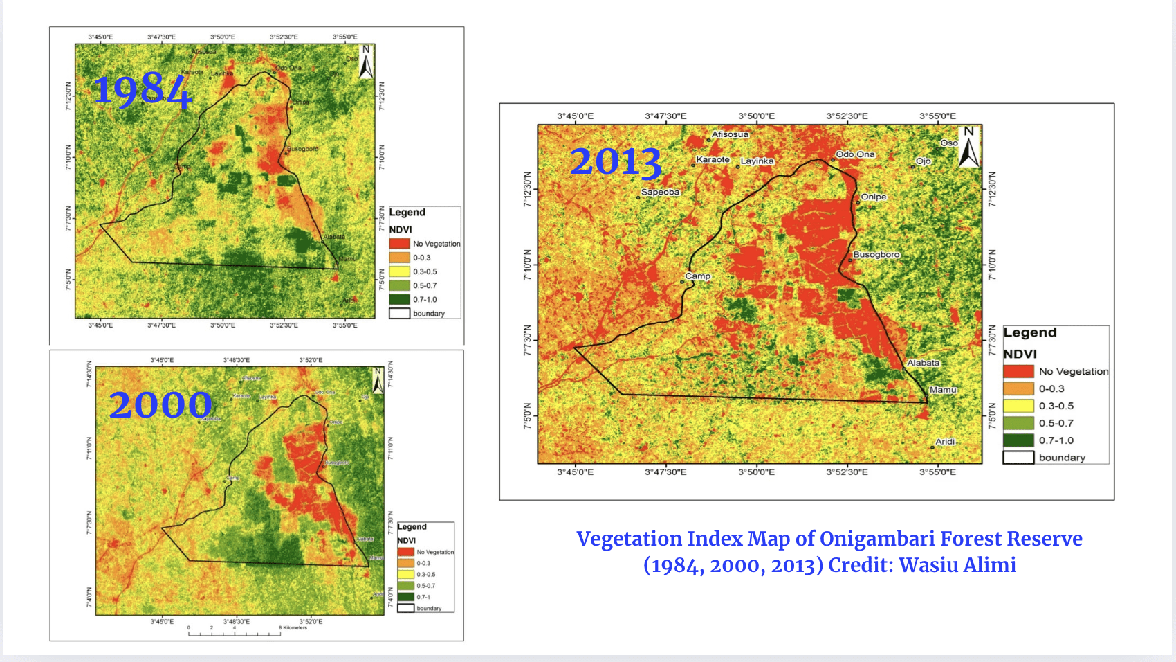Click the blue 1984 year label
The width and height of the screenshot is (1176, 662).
point(142,91)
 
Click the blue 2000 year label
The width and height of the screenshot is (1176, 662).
point(160,405)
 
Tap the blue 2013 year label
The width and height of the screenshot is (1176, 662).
point(615,162)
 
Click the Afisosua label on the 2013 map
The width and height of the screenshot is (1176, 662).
point(730,134)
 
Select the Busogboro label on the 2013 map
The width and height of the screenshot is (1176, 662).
point(876,255)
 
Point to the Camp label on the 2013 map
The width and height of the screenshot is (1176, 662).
point(697,276)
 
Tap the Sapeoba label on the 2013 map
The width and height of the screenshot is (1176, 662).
point(660,193)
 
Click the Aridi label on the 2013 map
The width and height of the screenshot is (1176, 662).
point(945,442)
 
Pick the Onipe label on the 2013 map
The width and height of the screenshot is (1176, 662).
point(873,197)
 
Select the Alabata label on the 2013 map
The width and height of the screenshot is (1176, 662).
point(923,363)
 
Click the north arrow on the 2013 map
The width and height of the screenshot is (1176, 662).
point(968,147)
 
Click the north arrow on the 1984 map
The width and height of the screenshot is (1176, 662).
point(366,62)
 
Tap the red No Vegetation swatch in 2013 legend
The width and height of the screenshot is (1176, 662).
point(1018,372)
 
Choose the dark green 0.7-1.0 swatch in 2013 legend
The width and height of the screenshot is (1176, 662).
point(1018,440)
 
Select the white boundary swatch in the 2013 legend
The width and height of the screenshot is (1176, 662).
point(1018,458)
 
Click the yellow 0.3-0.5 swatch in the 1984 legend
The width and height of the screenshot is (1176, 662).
point(399,271)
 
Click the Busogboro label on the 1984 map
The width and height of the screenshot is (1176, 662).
point(303,149)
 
